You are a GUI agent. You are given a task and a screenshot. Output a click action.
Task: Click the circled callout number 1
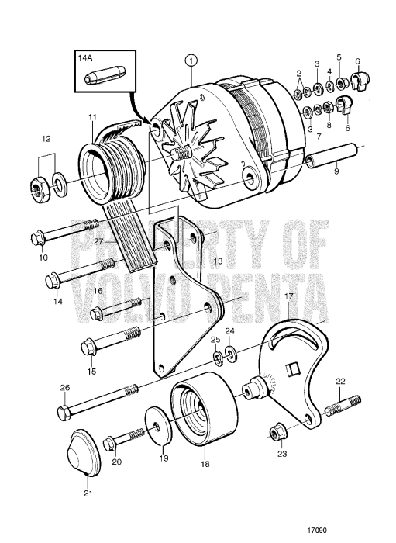coord(191,59)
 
